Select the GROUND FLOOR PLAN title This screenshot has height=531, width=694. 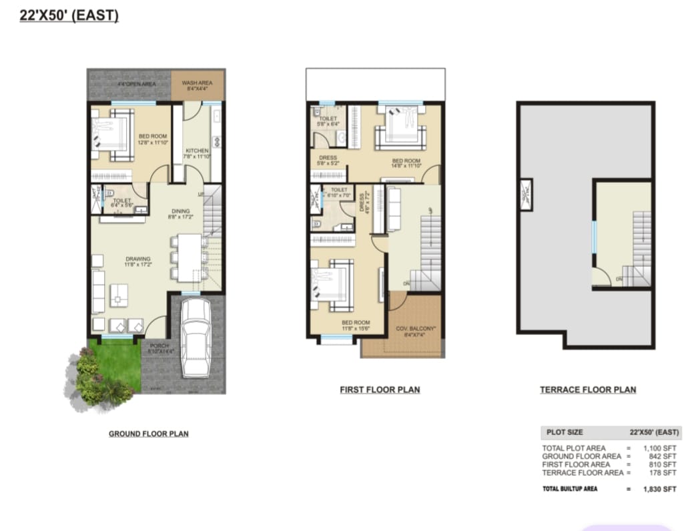(x=148, y=434)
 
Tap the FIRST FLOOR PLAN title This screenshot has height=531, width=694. (x=380, y=390)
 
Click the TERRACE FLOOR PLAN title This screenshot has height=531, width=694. (x=587, y=390)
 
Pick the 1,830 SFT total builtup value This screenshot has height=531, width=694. (x=660, y=489)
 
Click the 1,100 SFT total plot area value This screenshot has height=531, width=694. (x=661, y=448)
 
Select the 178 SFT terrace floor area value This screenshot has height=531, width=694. (x=665, y=472)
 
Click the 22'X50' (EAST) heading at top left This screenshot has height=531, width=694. (x=69, y=15)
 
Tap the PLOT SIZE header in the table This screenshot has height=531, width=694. (x=565, y=432)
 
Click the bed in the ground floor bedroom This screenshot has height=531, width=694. (x=112, y=135)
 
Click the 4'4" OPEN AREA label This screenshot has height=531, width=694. (x=136, y=85)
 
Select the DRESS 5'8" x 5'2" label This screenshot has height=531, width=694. (x=328, y=160)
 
